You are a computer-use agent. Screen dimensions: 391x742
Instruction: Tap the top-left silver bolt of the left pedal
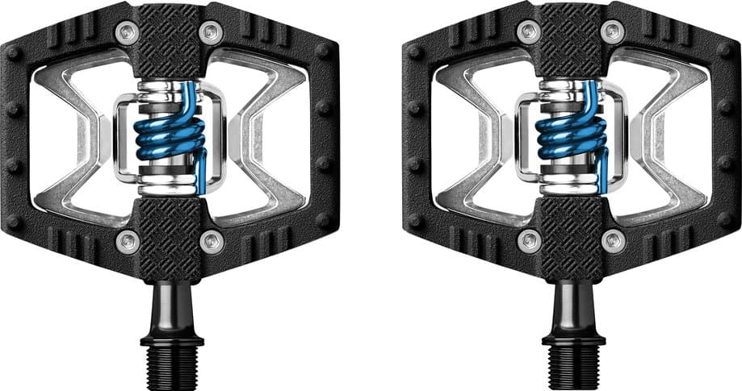point(126,32)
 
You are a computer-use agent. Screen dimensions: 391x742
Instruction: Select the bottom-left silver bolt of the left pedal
point(126,239)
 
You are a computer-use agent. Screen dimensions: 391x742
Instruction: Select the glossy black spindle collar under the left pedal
point(170,306)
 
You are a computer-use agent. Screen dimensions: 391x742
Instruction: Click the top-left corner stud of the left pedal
point(14,52)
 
